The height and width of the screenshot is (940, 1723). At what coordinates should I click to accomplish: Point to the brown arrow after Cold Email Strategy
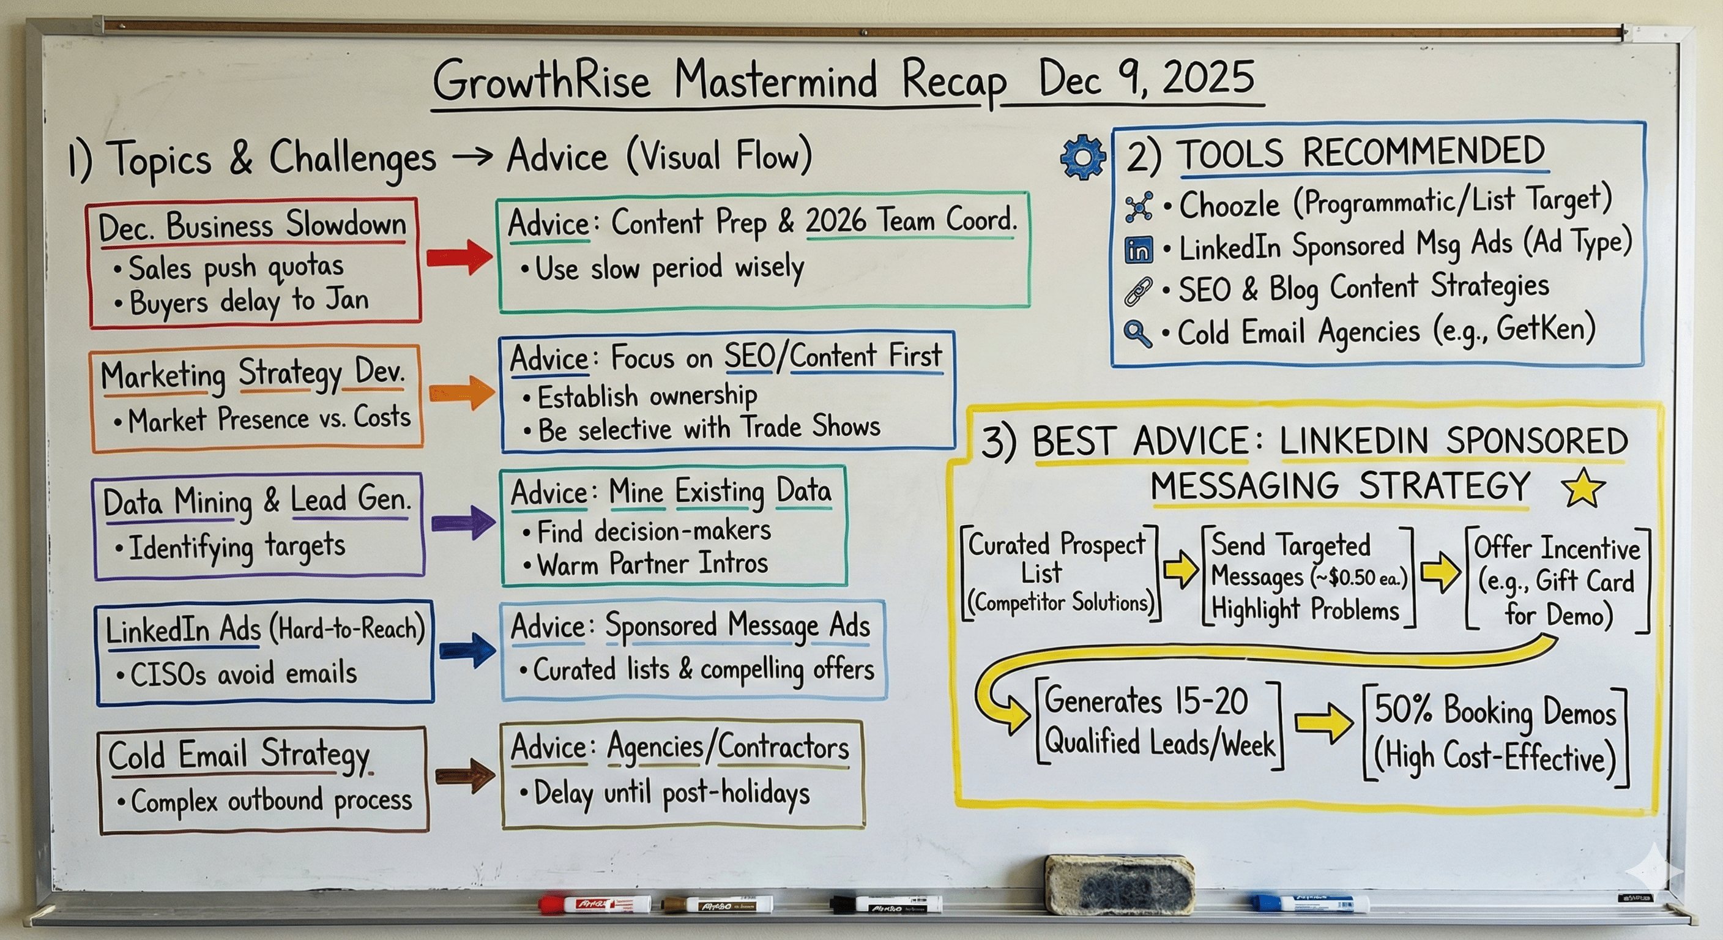pos(465,776)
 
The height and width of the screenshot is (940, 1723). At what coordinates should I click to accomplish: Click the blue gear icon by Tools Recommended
pos(1083,157)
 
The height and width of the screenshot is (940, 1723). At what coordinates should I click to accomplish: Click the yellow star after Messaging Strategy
pos(1583,488)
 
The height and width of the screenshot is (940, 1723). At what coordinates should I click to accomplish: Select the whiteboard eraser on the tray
pos(1119,884)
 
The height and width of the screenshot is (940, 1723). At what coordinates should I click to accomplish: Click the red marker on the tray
pos(595,905)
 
